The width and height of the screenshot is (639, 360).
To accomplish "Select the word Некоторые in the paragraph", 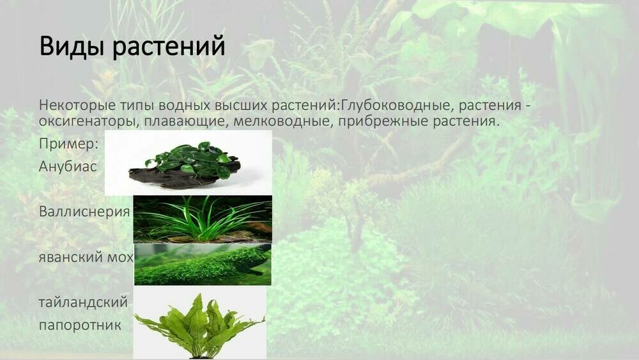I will click(73, 105).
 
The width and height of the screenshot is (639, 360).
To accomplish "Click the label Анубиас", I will click(68, 166).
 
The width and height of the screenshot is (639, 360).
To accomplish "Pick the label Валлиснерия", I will click(84, 212).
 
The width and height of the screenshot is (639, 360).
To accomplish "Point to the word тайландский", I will click(83, 302).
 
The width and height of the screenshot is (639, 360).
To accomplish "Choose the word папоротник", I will click(80, 325).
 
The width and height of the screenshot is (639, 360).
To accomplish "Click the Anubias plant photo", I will click(188, 162).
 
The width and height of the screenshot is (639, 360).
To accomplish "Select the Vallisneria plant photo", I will click(202, 219).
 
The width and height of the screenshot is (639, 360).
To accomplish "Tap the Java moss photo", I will click(202, 265).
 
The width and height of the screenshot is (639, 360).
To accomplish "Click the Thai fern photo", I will click(199, 323).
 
